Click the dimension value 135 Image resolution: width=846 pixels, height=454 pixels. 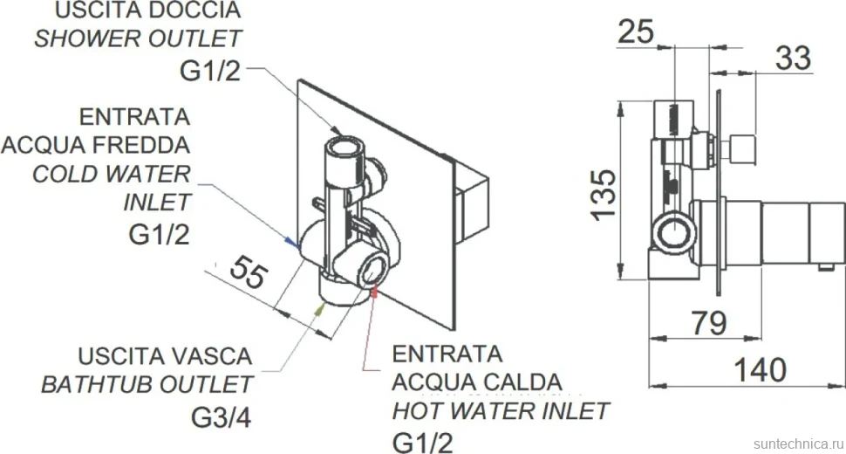pos(604,195)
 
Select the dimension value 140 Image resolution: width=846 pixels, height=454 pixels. pos(761,370)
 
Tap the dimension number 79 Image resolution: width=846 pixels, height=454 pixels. pos(709,323)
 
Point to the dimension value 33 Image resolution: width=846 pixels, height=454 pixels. pos(793,58)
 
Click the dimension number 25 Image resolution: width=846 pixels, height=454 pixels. pos(636,31)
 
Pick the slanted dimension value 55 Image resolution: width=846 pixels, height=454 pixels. pos(249,272)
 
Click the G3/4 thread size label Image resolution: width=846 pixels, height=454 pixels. pos(222,416)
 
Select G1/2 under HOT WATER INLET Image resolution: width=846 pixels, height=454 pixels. pos(422,443)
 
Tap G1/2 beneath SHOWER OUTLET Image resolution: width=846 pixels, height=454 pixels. pos(210,71)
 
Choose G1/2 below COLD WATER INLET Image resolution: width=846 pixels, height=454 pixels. pos(159,234)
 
